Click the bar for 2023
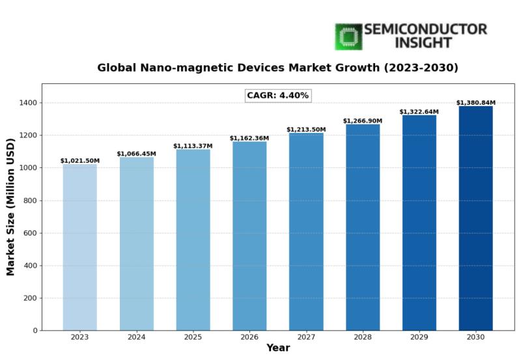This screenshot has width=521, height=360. [x=80, y=247]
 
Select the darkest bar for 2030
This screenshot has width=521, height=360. [x=475, y=218]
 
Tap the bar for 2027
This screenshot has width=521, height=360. [x=306, y=232]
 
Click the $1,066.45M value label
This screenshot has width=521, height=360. [x=137, y=154]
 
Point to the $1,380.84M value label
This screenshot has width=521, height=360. [x=475, y=103]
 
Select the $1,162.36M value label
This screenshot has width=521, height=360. [x=249, y=138]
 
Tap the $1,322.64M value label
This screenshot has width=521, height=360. [x=419, y=112]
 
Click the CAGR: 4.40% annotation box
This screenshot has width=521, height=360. [x=278, y=96]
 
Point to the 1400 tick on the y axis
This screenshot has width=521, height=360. [x=28, y=103]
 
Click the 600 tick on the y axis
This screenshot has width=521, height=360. [x=30, y=233]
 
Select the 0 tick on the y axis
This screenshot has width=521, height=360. [x=35, y=331]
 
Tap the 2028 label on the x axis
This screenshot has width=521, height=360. [x=363, y=337]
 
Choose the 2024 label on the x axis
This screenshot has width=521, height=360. [x=137, y=337]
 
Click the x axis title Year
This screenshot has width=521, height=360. [x=278, y=348]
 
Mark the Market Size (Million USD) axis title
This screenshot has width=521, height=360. [x=10, y=207]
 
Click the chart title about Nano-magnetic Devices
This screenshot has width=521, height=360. [x=278, y=68]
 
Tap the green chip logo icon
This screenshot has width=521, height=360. [x=348, y=36]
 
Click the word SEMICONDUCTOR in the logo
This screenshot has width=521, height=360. [x=425, y=29]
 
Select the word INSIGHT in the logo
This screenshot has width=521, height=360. [x=423, y=43]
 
